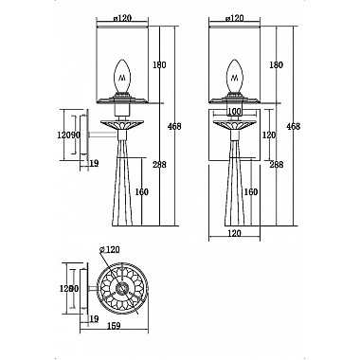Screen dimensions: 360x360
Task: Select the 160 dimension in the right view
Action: pos(251,192)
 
